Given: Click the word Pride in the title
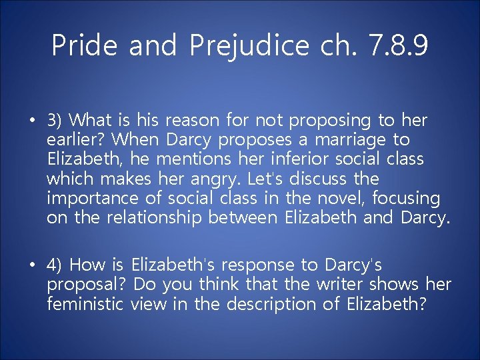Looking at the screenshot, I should tap(85, 45).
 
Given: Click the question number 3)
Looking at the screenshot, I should tap(55, 121).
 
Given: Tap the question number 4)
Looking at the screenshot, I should tap(55, 265).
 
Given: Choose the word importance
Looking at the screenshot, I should tap(87, 198).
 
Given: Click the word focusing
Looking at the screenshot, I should tap(406, 198).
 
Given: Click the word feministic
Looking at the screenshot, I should tap(85, 304).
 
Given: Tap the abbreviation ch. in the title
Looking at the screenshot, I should tap(336, 45).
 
